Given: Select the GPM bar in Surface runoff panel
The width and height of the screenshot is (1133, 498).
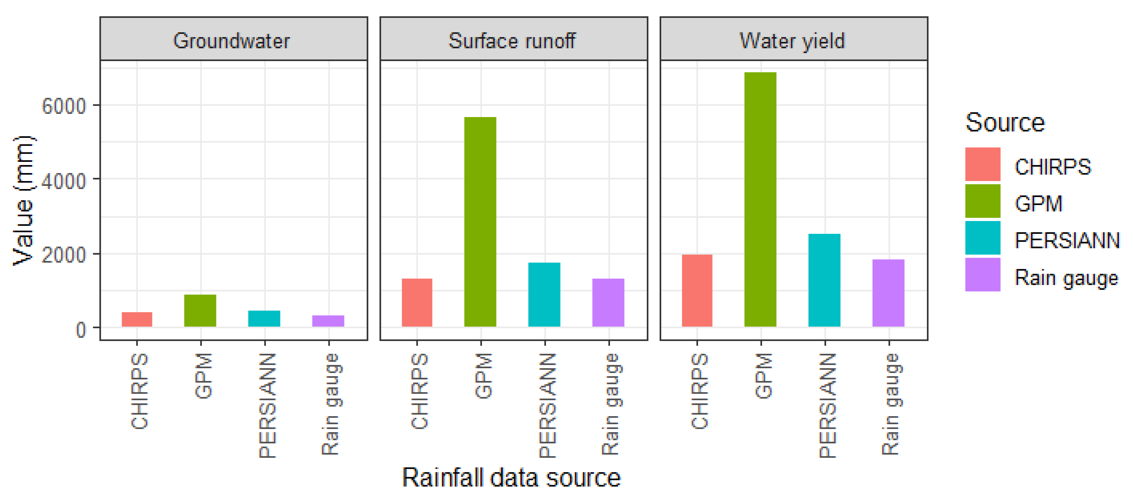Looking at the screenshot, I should click(480, 222).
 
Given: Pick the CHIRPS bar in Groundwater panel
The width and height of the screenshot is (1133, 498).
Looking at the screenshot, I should click(137, 319).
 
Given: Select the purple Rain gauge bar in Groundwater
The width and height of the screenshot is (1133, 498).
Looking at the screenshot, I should click(328, 321).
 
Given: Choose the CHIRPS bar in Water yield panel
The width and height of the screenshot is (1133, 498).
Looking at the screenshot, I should click(697, 290).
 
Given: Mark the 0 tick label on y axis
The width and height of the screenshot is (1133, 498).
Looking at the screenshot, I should click(80, 329).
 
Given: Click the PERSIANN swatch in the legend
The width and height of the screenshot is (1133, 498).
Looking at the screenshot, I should click(982, 238).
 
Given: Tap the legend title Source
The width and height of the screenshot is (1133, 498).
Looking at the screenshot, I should click(1005, 122).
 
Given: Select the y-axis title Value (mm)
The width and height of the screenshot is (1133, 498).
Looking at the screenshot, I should click(23, 201).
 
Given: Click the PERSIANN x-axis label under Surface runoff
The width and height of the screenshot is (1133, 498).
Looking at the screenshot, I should click(547, 406).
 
